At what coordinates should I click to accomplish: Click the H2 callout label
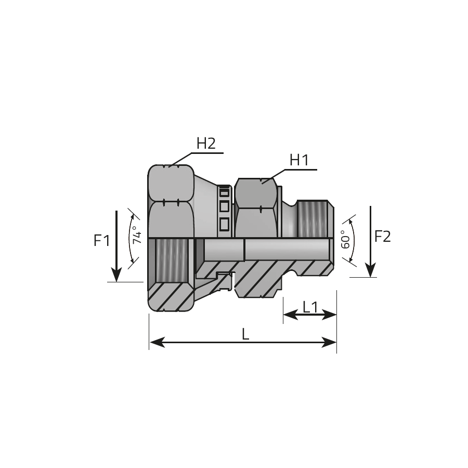206,144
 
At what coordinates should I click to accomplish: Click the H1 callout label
299,160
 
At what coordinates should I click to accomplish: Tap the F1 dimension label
102,240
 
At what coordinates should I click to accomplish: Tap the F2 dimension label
382,237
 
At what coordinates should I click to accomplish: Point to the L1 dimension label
310,307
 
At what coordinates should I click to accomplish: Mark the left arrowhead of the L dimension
157,342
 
